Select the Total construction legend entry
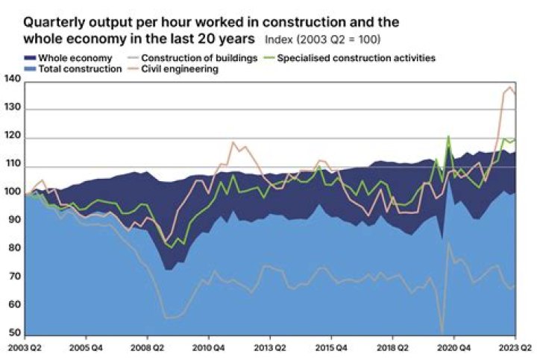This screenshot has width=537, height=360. (79, 69)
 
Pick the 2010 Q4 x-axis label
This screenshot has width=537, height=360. (209, 347)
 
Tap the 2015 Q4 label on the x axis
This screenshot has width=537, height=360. (330, 347)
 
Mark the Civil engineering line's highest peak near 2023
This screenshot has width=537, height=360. (510, 88)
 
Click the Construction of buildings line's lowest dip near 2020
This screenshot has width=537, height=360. (442, 332)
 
